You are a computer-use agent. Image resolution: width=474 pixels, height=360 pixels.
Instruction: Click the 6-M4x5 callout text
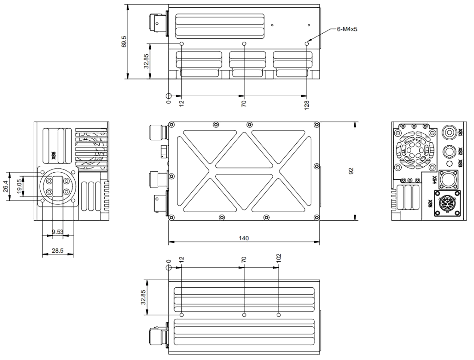click(x=347, y=29)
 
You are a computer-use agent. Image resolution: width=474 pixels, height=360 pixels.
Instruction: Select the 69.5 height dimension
click(x=124, y=42)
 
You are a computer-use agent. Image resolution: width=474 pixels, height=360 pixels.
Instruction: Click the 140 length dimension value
click(x=244, y=238)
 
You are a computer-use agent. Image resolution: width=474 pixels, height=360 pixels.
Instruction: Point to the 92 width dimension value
click(x=351, y=171)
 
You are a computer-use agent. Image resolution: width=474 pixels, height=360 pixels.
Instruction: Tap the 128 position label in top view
click(x=307, y=105)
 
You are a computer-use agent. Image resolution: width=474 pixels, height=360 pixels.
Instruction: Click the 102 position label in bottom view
click(x=279, y=258)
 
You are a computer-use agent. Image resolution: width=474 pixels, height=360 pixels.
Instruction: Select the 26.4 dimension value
click(x=5, y=186)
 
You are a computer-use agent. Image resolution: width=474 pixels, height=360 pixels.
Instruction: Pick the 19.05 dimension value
click(x=20, y=186)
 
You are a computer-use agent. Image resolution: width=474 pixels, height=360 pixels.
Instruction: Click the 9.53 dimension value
click(x=57, y=232)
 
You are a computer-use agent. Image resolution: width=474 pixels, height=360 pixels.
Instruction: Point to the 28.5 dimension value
click(x=57, y=251)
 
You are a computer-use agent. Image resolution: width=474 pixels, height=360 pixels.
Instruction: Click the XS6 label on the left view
click(x=54, y=155)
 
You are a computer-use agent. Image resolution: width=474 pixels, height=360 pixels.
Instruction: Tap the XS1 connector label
click(x=460, y=132)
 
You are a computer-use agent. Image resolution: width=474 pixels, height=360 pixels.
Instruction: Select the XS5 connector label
click(x=430, y=203)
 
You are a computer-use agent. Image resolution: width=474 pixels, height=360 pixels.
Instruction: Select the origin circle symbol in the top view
click(x=168, y=96)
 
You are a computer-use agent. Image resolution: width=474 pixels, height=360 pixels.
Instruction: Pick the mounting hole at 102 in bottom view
click(x=279, y=315)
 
